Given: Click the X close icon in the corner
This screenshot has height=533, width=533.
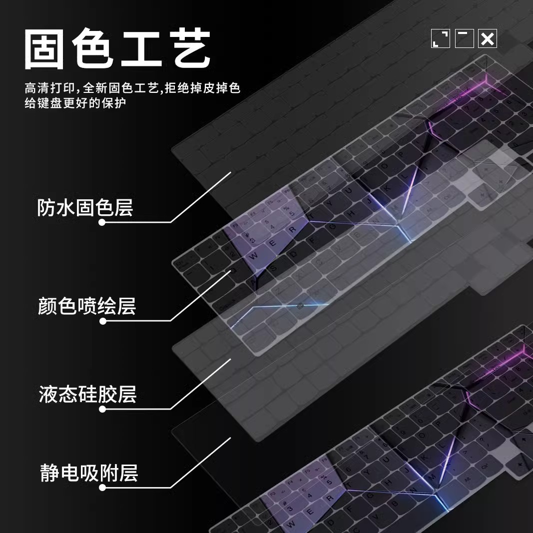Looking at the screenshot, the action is (x=488, y=38).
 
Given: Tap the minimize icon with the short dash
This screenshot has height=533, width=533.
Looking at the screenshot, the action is (x=464, y=38).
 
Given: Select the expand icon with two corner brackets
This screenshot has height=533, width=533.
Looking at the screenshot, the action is (x=441, y=38).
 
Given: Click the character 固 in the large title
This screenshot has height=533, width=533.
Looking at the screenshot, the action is (x=44, y=49).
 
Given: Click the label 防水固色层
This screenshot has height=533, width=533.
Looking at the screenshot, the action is (x=85, y=207).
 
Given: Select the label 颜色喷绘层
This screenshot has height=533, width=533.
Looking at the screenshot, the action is (x=86, y=306).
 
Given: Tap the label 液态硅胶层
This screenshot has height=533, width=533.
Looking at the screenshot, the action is (x=87, y=395).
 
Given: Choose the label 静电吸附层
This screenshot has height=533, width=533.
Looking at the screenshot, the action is (x=88, y=473).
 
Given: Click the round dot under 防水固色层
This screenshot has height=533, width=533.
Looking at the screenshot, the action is (x=102, y=222).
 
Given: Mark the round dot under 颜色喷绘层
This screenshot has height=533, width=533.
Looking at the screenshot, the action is (x=103, y=321).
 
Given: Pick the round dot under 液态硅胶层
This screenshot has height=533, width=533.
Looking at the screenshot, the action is (x=102, y=409).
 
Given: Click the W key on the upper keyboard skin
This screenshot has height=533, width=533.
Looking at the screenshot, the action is (x=254, y=255).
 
